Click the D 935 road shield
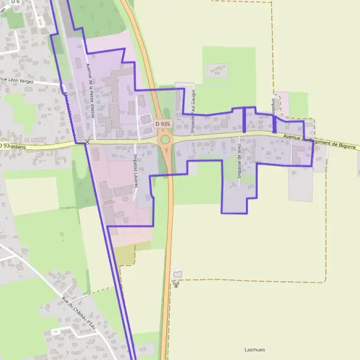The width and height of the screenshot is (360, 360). [161, 123]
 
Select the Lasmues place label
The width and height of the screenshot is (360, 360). [254, 349]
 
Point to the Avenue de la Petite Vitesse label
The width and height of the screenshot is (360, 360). [90, 93]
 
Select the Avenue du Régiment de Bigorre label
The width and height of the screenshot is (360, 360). [320, 142]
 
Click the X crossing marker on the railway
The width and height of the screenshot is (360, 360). [88, 142]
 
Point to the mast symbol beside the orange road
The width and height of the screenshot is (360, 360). [176, 283]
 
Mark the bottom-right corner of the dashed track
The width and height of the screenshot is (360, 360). [325, 281]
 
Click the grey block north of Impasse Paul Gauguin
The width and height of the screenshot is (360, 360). [217, 71]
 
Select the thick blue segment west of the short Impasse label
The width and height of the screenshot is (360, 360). [244, 119]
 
